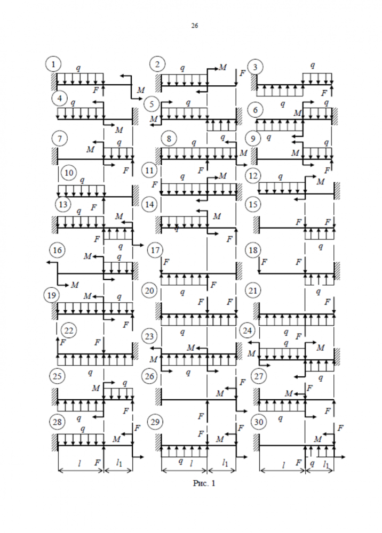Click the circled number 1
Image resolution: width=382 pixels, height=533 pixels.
pyautogui.click(x=53, y=65)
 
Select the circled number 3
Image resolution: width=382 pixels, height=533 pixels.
pyautogui.click(x=257, y=67)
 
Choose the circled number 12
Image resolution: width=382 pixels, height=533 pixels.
pyautogui.click(x=253, y=175)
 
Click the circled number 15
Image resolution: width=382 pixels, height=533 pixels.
pyautogui.click(x=253, y=204)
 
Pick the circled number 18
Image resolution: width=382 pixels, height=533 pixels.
pyautogui.click(x=253, y=249)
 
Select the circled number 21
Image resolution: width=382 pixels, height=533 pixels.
pyautogui.click(x=253, y=290)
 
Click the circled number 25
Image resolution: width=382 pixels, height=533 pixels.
pyautogui.click(x=57, y=376)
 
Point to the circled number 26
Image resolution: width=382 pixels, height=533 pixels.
pyautogui.click(x=150, y=376)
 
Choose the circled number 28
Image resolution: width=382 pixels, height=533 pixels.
pyautogui.click(x=57, y=422)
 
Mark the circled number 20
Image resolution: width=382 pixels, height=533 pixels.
pyautogui.click(x=150, y=290)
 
